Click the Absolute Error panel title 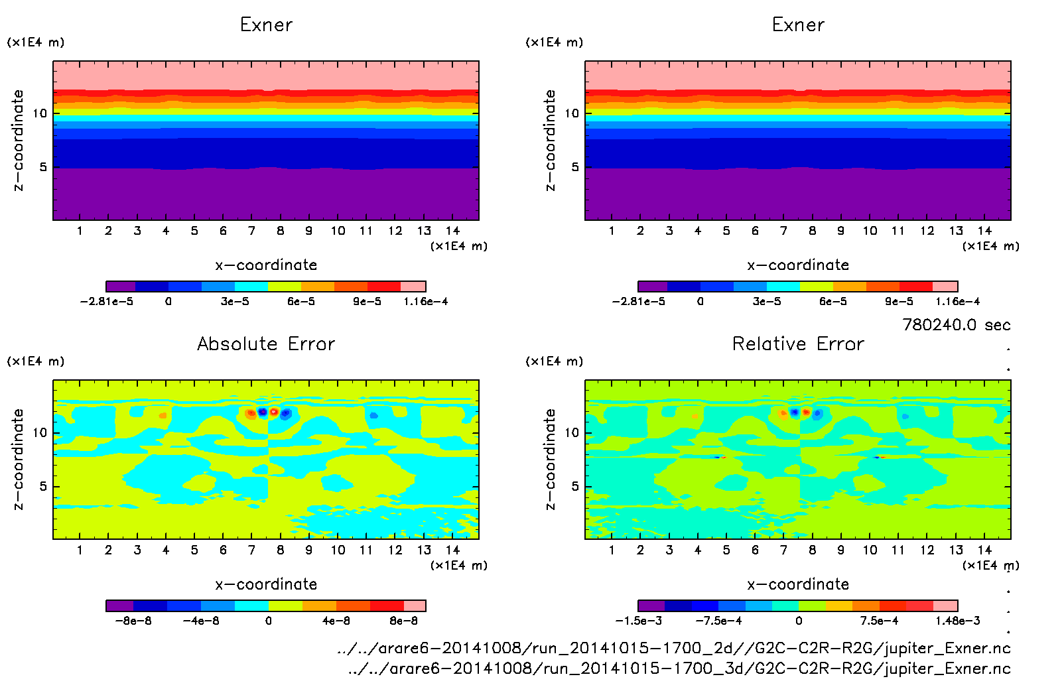pyautogui.click(x=266, y=344)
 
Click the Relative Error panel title pyautogui.click(x=798, y=344)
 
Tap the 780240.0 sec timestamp pyautogui.click(x=956, y=325)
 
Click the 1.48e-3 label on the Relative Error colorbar pyautogui.click(x=957, y=621)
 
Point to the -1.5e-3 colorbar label pyautogui.click(x=638, y=621)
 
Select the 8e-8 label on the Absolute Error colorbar pyautogui.click(x=403, y=621)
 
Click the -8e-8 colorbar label pyautogui.click(x=133, y=621)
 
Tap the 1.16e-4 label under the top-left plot pyautogui.click(x=425, y=301)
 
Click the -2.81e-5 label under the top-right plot pyautogui.click(x=638, y=301)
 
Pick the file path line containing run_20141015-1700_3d pyautogui.click(x=679, y=668)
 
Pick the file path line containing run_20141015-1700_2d pyautogui.click(x=673, y=648)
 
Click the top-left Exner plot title pyautogui.click(x=266, y=25)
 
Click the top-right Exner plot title pyautogui.click(x=798, y=25)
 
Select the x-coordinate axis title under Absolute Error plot pyautogui.click(x=266, y=584)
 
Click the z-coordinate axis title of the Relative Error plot pyautogui.click(x=550, y=459)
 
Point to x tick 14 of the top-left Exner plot pyautogui.click(x=452, y=231)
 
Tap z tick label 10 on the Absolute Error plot pyautogui.click(x=40, y=432)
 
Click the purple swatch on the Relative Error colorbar pyautogui.click(x=651, y=605)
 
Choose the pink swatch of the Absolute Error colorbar pyautogui.click(x=415, y=605)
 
